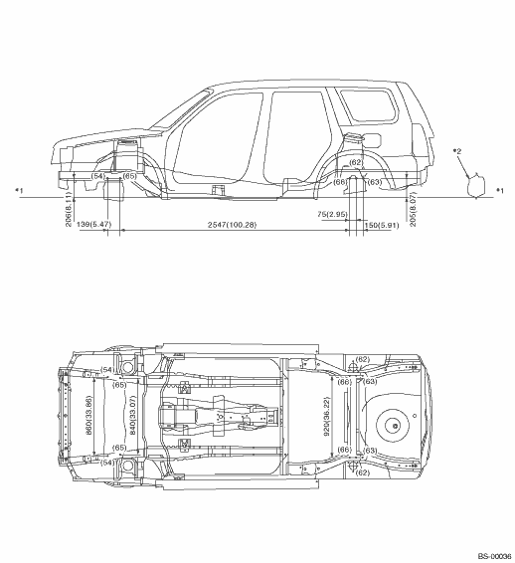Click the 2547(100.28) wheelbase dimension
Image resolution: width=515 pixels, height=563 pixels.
click(x=233, y=225)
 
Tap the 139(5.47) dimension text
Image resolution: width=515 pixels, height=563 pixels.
click(x=94, y=225)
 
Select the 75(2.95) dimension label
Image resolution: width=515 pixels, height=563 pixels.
click(x=332, y=214)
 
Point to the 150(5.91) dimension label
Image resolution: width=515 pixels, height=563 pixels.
click(x=382, y=226)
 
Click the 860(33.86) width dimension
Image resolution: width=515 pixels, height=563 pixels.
click(x=88, y=415)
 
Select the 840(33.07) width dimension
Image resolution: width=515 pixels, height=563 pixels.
click(x=132, y=416)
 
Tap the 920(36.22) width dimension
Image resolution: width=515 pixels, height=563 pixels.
click(x=326, y=417)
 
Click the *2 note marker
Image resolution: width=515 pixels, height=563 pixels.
click(x=457, y=151)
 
